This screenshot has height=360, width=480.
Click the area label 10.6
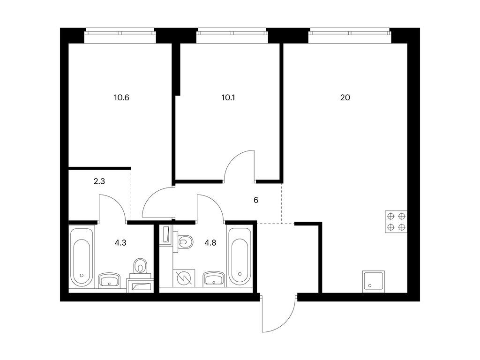pyautogui.click(x=121, y=97)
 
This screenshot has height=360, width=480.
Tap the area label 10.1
pyautogui.click(x=228, y=97)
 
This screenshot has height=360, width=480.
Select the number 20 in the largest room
pyautogui.click(x=345, y=97)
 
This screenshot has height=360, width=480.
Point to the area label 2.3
pyautogui.click(x=99, y=181)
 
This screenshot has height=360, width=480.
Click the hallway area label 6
pyautogui.click(x=256, y=200)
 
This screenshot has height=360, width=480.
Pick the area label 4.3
pyautogui.click(x=120, y=243)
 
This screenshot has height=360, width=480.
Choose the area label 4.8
pyautogui.click(x=210, y=243)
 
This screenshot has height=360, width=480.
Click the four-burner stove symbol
pyautogui.click(x=396, y=222)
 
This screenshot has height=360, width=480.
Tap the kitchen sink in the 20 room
pyautogui.click(x=374, y=282)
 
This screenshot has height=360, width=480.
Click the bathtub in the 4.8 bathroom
pyautogui.click(x=240, y=256)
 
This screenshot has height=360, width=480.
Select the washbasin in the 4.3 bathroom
pyautogui.click(x=109, y=280)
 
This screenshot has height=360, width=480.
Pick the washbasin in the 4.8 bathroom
pyautogui.click(x=214, y=278)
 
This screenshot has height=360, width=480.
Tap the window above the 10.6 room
pyautogui.click(x=120, y=32)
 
